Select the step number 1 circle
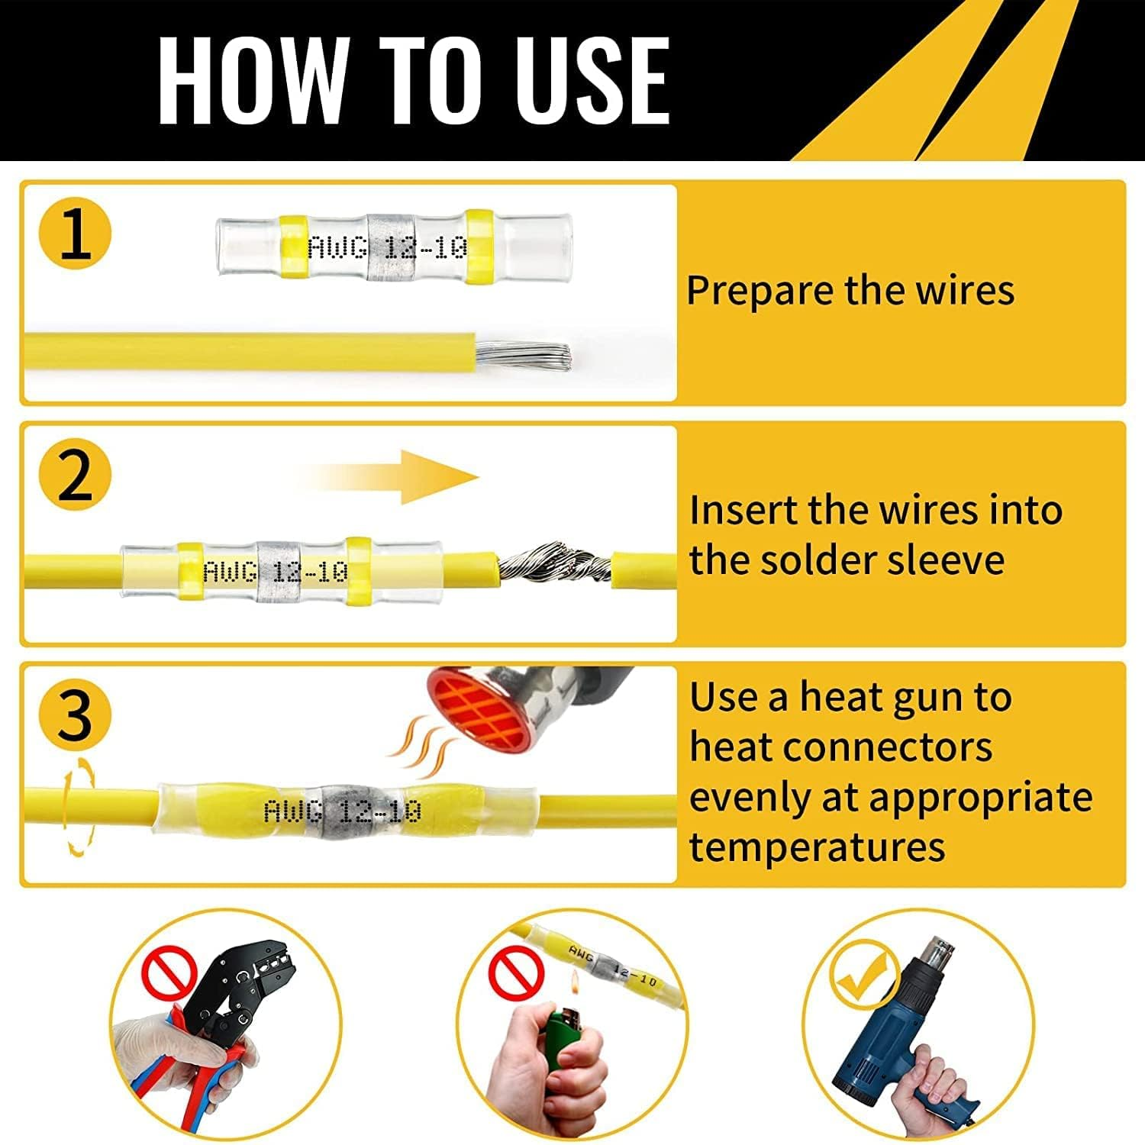tap(76, 233)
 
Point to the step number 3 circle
tap(76, 716)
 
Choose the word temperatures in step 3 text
tap(818, 847)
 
